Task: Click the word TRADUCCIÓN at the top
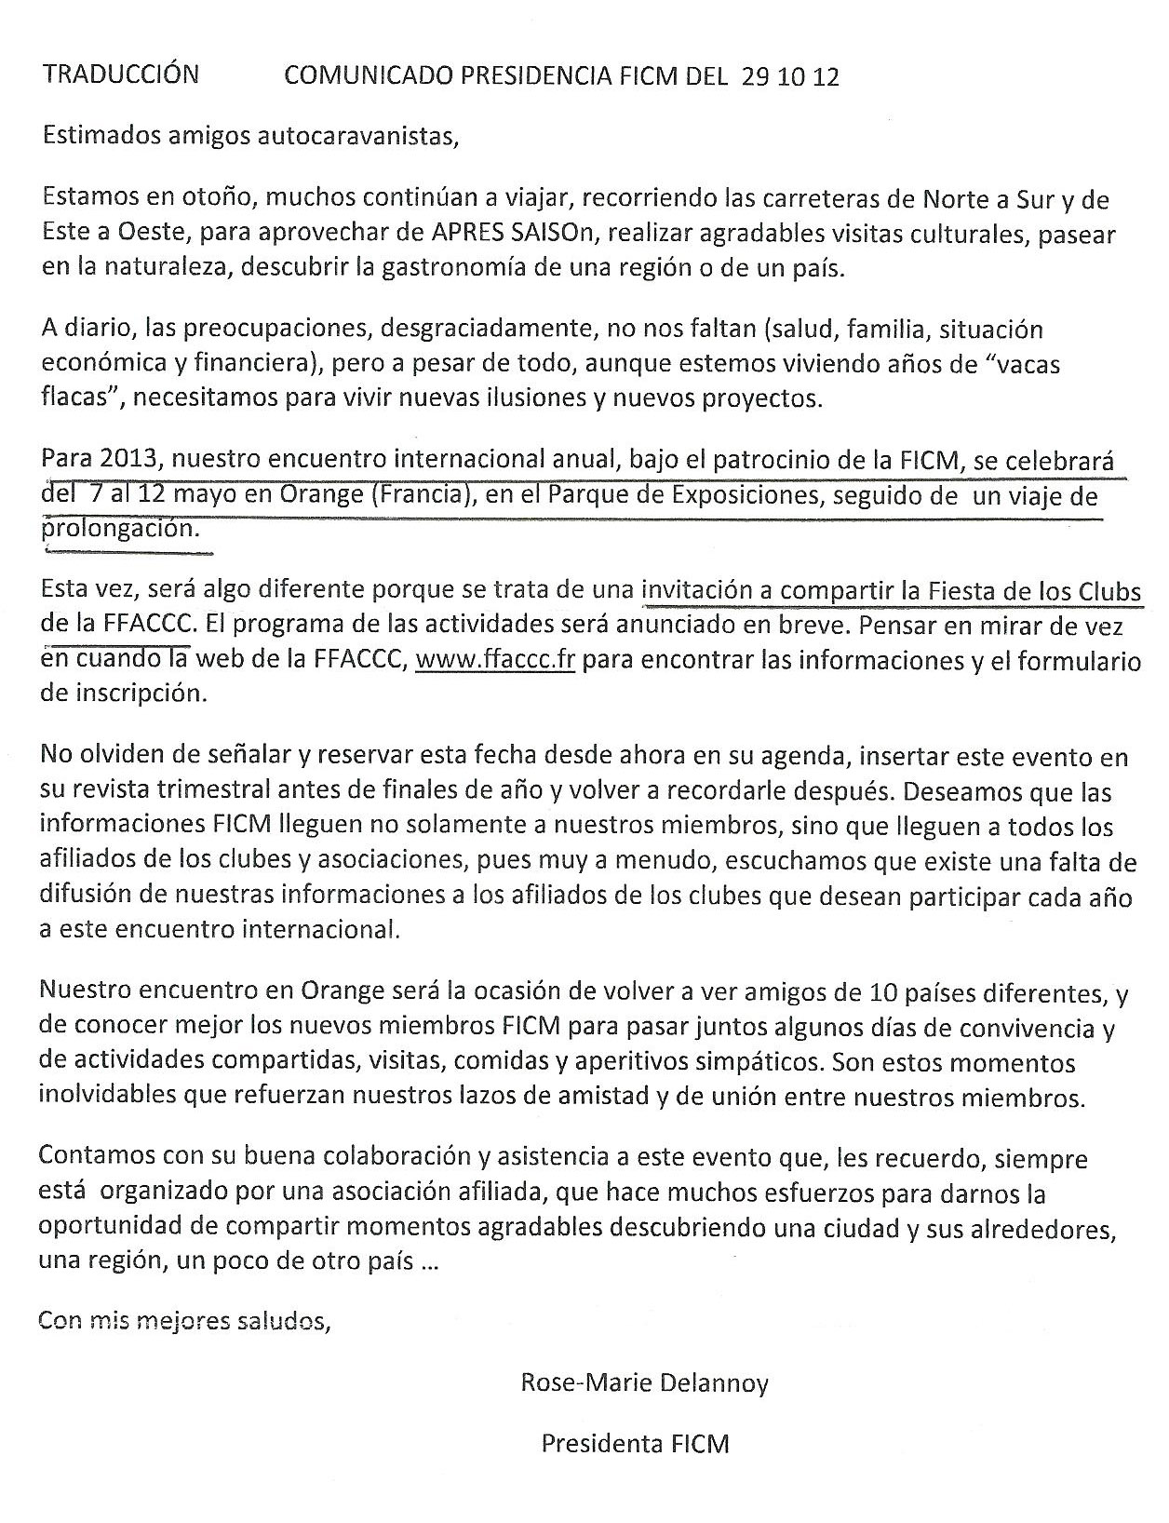[120, 74]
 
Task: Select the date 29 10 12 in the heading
[790, 77]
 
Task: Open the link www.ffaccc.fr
[494, 661]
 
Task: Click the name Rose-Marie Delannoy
[644, 1384]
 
